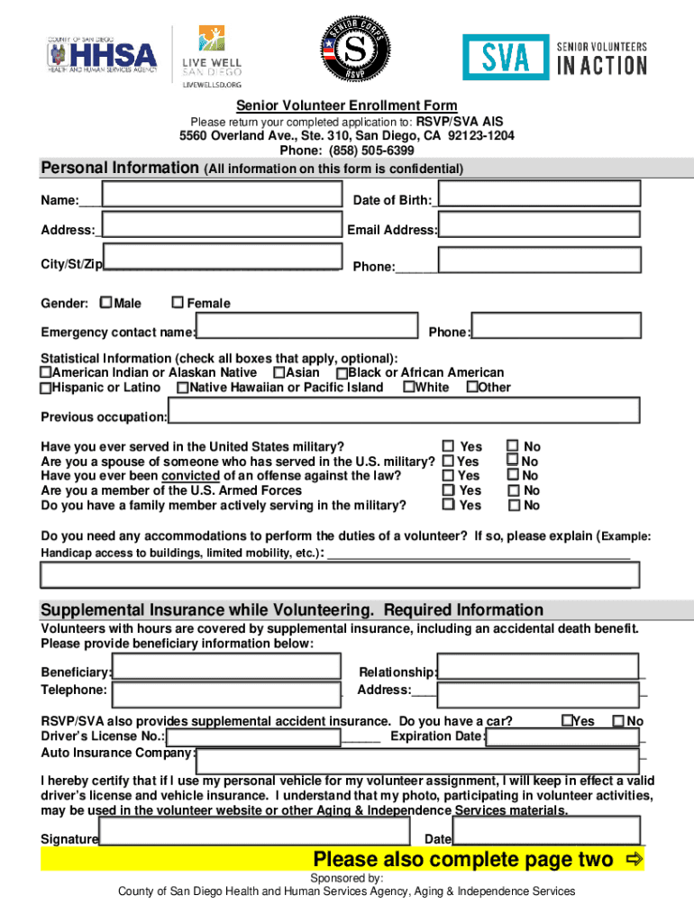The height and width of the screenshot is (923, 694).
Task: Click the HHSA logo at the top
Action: pos(102,56)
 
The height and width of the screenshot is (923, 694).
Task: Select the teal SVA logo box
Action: pos(505,57)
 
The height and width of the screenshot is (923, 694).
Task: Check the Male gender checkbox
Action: pos(106,303)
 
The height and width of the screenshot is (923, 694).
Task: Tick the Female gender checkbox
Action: pos(178,303)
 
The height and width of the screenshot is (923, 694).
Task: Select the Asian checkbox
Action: pos(279,372)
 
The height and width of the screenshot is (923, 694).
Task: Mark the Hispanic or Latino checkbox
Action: pos(46,388)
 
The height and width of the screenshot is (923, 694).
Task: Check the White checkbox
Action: pos(408,388)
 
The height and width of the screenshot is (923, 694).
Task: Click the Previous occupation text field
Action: pos(404,411)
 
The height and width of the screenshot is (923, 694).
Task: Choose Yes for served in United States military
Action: pos(448,445)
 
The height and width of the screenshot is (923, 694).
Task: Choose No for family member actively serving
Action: pos(513,505)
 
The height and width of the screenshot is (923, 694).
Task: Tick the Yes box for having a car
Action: pos(567,720)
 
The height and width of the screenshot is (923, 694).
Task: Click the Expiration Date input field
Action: pos(562,736)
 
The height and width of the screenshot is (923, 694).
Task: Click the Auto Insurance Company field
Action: pos(418,758)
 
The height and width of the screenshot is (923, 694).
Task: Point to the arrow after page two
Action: pos(634,859)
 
